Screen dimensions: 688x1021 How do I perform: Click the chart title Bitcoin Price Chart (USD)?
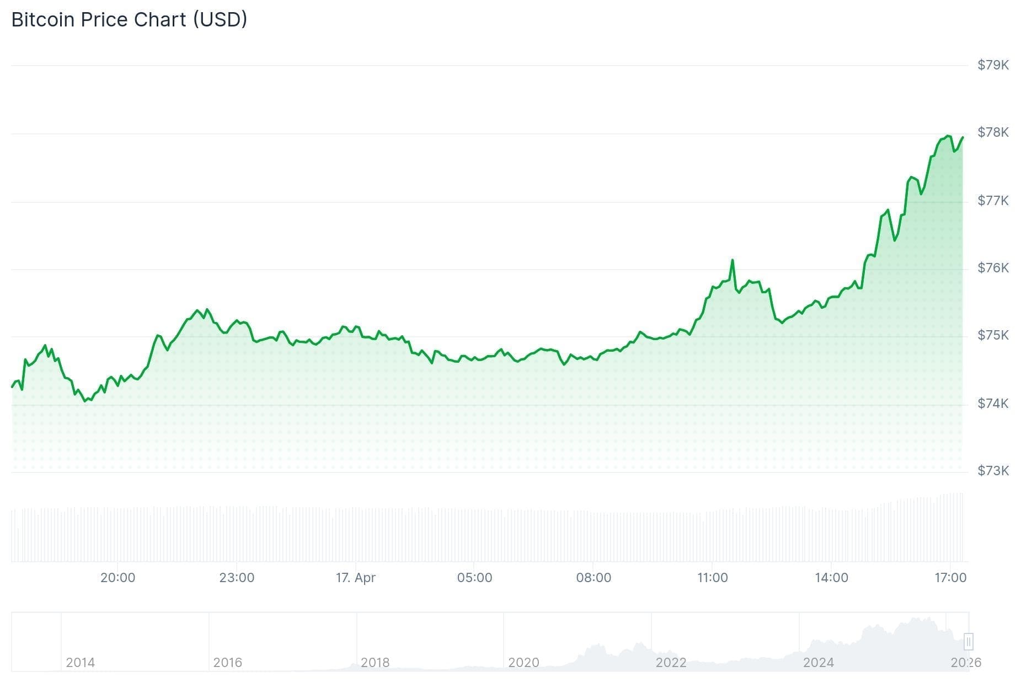point(129,20)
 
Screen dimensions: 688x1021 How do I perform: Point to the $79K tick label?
point(993,65)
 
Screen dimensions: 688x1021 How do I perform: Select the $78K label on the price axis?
point(993,132)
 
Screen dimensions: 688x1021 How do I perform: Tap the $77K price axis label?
point(993,201)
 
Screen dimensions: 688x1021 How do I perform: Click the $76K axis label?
point(993,268)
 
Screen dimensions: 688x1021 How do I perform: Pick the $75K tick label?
point(993,335)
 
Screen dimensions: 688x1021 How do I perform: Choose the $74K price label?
point(993,404)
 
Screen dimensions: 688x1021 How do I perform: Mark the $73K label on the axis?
point(993,471)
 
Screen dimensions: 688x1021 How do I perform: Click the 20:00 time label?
point(117,578)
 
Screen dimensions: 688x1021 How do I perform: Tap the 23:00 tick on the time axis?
point(237,578)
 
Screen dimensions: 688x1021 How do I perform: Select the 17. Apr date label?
point(356,578)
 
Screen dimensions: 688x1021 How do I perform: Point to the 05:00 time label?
point(474,578)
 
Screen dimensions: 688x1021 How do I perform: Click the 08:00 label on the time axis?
point(594,578)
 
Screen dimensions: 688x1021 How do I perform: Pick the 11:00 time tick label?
point(712,578)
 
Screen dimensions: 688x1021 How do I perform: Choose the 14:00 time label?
point(831,578)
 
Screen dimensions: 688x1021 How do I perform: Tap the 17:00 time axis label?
point(950,578)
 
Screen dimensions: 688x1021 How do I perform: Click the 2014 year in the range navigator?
point(80,663)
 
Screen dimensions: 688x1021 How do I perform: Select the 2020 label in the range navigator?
point(523,663)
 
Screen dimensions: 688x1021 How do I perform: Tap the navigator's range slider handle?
point(968,642)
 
